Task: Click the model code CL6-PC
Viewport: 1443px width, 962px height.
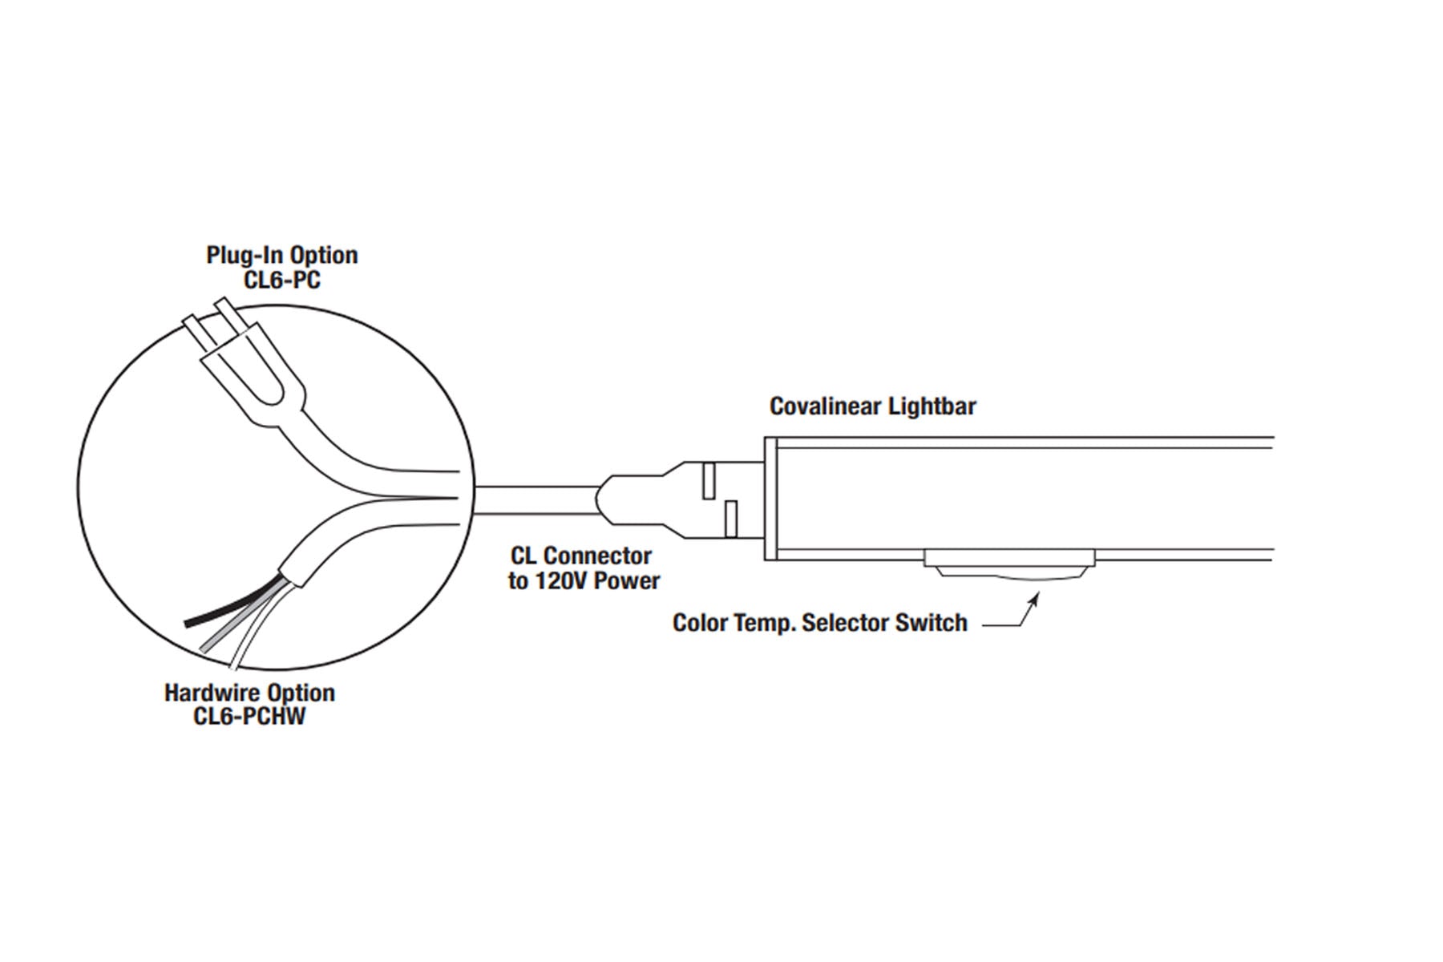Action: [x=281, y=280]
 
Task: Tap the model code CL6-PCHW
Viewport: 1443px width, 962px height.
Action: [x=249, y=716]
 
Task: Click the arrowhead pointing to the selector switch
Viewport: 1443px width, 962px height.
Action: [x=1035, y=597]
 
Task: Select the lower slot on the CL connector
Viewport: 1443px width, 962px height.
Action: [x=730, y=519]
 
